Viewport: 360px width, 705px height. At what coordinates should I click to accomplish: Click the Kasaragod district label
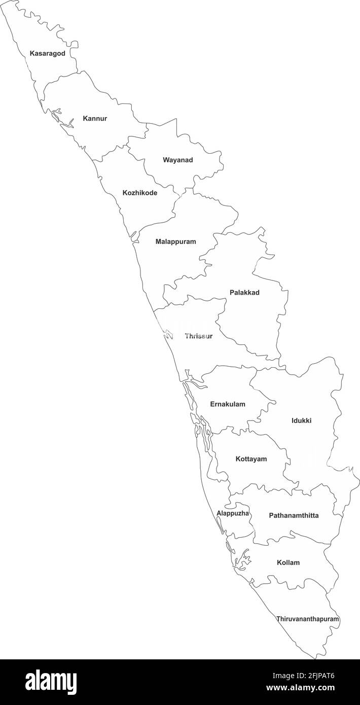tap(47, 53)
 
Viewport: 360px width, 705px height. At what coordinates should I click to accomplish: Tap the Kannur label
tap(95, 119)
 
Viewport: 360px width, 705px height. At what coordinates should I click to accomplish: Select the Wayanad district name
tap(177, 160)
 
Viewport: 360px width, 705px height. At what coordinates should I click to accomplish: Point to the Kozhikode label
tap(140, 193)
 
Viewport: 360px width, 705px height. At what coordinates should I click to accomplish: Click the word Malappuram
tap(175, 242)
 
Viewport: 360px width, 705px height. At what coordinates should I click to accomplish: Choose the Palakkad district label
tap(244, 293)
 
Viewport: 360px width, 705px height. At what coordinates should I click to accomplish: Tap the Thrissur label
tap(199, 336)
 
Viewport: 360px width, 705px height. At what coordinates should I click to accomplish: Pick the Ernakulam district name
tap(228, 404)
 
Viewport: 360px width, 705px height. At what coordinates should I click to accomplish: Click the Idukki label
tap(302, 420)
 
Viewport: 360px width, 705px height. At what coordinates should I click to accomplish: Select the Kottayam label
tap(251, 459)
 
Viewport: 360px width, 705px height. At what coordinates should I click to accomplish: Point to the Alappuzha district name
tap(233, 513)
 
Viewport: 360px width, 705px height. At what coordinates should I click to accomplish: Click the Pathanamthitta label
tap(294, 516)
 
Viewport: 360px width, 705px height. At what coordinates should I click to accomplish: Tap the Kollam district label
tap(288, 562)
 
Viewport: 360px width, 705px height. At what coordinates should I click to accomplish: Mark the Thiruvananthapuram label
tap(307, 619)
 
